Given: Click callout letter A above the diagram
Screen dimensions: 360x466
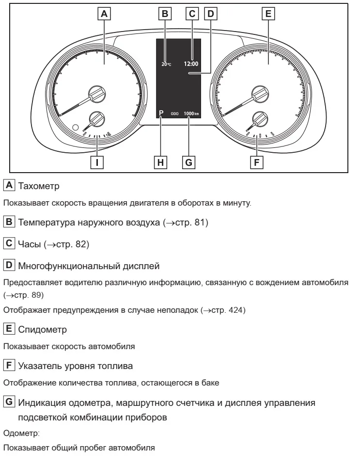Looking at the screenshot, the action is click(104, 14).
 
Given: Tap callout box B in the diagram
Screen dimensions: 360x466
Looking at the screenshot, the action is click(165, 14).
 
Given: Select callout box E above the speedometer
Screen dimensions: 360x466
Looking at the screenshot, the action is click(268, 14).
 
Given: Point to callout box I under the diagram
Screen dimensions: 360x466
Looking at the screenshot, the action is click(97, 162).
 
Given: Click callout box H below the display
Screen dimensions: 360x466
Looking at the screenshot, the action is click(160, 162).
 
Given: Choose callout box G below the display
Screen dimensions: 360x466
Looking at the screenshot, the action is click(188, 162).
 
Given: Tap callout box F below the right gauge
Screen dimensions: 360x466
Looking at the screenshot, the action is click(257, 162).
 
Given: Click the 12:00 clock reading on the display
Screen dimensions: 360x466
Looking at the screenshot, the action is click(191, 64).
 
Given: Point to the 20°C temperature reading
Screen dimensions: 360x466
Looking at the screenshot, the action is click(166, 64).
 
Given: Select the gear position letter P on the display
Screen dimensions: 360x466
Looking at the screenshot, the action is click(161, 113).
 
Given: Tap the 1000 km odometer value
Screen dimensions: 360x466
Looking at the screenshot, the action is click(191, 113).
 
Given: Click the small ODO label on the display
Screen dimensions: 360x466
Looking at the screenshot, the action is click(174, 113).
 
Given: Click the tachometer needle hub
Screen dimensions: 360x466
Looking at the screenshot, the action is click(97, 94).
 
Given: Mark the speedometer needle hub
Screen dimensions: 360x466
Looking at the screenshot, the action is click(260, 94).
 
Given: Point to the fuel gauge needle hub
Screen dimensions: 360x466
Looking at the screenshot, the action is click(260, 120).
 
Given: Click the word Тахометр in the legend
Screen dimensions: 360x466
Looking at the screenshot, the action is click(39, 186).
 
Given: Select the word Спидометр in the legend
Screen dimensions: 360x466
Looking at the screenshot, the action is click(43, 330).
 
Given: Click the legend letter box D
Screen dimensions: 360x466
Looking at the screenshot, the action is click(9, 265).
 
